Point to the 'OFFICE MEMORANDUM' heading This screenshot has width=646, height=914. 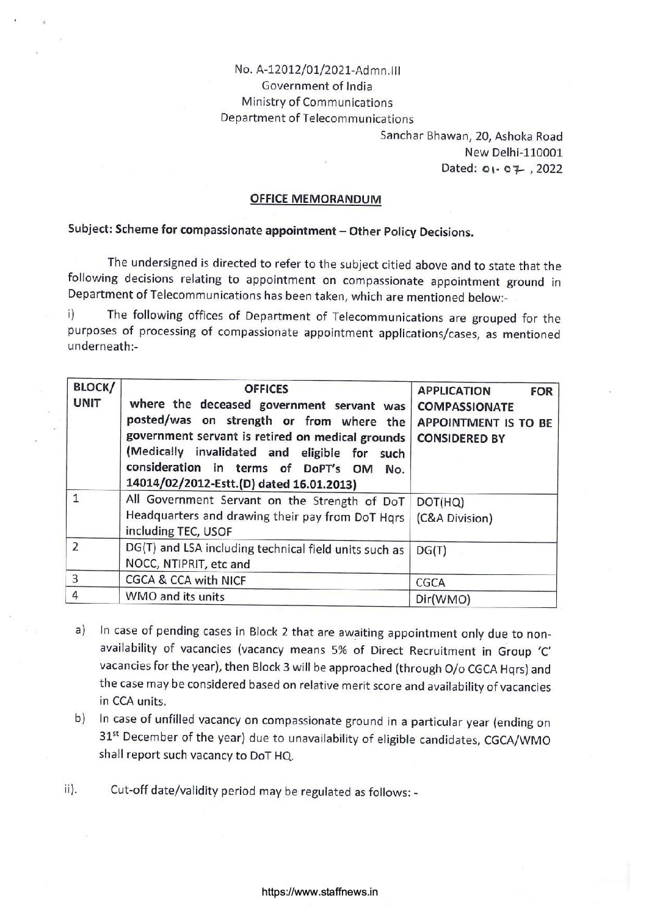(x=316, y=199)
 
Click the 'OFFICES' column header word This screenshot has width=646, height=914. (x=266, y=389)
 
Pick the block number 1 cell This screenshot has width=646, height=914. (x=76, y=499)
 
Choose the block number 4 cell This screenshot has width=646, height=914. (x=76, y=596)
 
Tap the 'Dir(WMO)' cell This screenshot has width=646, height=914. (x=443, y=599)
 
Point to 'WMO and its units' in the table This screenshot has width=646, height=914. (x=175, y=596)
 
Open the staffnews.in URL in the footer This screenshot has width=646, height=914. (x=319, y=891)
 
